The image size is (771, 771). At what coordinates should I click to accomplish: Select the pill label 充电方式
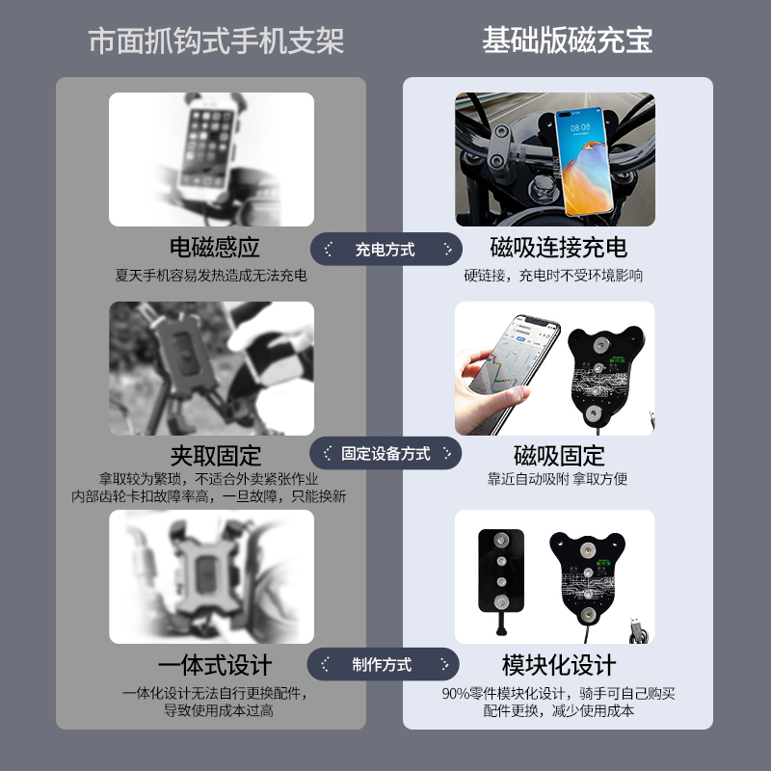385,250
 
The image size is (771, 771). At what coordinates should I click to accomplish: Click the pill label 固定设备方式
385,453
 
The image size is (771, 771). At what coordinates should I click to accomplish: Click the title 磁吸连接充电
558,248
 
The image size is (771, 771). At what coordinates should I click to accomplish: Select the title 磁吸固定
559,455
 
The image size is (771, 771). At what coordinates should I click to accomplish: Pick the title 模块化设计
559,665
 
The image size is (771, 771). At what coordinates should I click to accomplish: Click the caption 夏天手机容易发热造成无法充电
211,276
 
